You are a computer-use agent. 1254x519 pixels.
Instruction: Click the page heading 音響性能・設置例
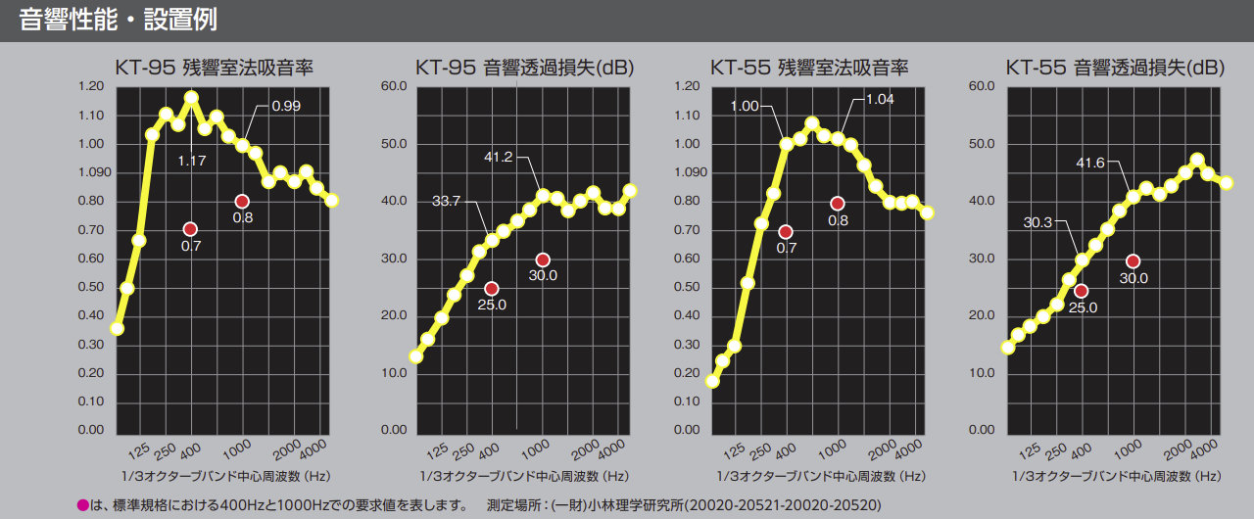click(119, 19)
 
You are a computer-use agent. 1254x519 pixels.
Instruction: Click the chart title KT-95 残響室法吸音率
click(214, 68)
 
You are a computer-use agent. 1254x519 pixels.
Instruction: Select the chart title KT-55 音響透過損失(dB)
click(1114, 68)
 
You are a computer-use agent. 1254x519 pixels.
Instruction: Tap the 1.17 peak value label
click(192, 161)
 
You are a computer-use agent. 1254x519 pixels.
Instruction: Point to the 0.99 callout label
click(286, 106)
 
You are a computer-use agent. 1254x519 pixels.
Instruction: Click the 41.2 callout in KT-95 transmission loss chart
click(499, 157)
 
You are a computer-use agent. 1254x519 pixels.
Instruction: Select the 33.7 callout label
click(446, 202)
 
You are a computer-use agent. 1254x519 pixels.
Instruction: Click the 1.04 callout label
click(880, 100)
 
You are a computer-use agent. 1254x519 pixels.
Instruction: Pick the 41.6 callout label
click(1090, 163)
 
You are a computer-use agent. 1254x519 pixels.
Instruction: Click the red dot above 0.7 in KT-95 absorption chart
click(190, 229)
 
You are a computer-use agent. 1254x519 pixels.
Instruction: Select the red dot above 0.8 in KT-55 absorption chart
click(838, 204)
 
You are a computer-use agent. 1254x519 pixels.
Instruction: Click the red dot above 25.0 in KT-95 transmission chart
click(492, 289)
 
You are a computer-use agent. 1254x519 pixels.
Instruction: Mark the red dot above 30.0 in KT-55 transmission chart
click(1133, 261)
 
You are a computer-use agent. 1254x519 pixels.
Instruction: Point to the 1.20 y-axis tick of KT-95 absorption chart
click(90, 86)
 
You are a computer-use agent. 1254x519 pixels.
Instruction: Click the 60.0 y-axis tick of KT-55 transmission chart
click(981, 86)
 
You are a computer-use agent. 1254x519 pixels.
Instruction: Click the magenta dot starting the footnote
click(82, 505)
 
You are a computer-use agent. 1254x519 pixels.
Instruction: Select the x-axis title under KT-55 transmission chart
click(1113, 476)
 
